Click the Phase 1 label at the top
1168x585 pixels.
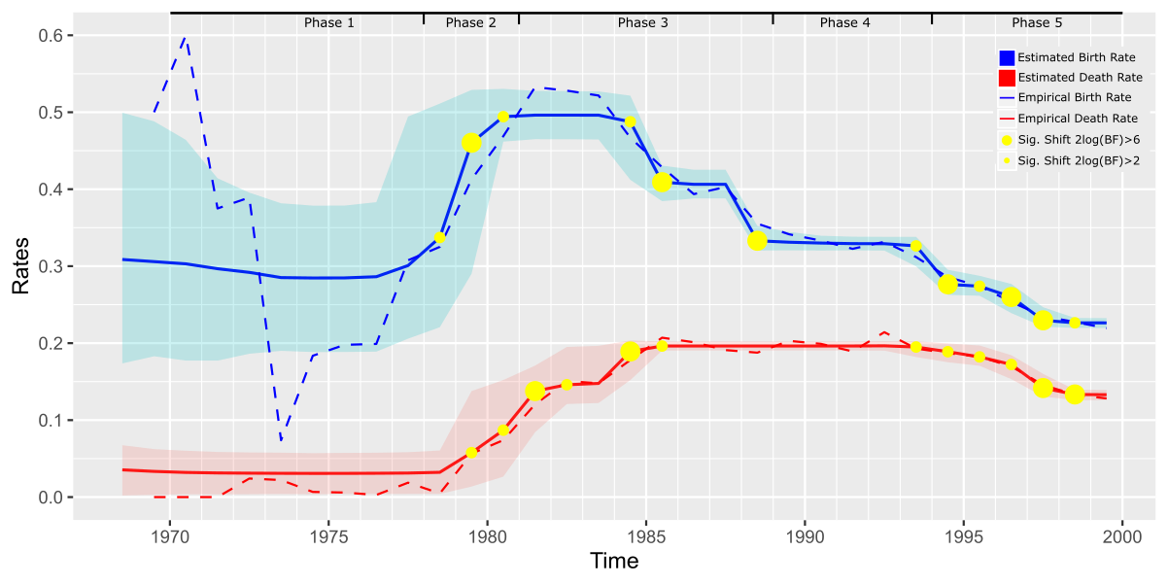(x=329, y=22)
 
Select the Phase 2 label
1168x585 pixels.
(x=471, y=22)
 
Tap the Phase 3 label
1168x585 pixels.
(x=643, y=22)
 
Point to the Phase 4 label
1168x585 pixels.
(x=845, y=22)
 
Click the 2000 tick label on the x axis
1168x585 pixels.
(x=1122, y=535)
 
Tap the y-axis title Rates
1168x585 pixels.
(x=19, y=266)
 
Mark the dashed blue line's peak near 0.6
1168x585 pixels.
(x=186, y=37)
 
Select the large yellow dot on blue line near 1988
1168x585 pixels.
(x=758, y=240)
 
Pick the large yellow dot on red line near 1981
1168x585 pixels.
(x=534, y=391)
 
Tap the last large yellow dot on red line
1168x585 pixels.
(x=1075, y=394)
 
